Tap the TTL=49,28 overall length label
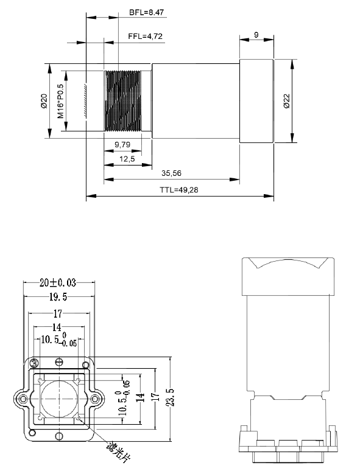[178, 190]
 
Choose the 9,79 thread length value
[123, 144]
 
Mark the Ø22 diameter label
[286, 101]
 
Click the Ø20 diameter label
[44, 101]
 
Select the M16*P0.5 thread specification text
[60, 101]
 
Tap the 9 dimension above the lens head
[255, 35]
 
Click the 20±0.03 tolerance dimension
[58, 282]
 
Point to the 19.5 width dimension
[58, 296]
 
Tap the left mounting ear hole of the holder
[23, 399]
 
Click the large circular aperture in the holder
[59, 399]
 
